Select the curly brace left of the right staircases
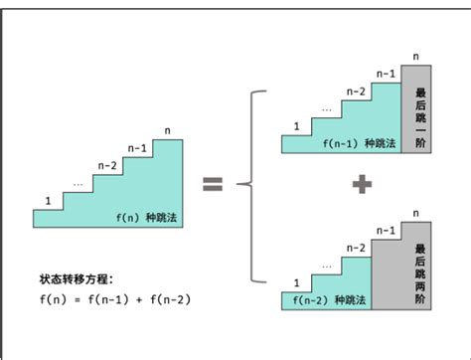(x=255, y=183)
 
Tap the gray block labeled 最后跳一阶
(x=421, y=109)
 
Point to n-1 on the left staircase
(x=139, y=150)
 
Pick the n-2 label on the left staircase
(x=108, y=166)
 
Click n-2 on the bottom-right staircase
(x=355, y=247)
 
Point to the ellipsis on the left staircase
(x=78, y=183)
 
